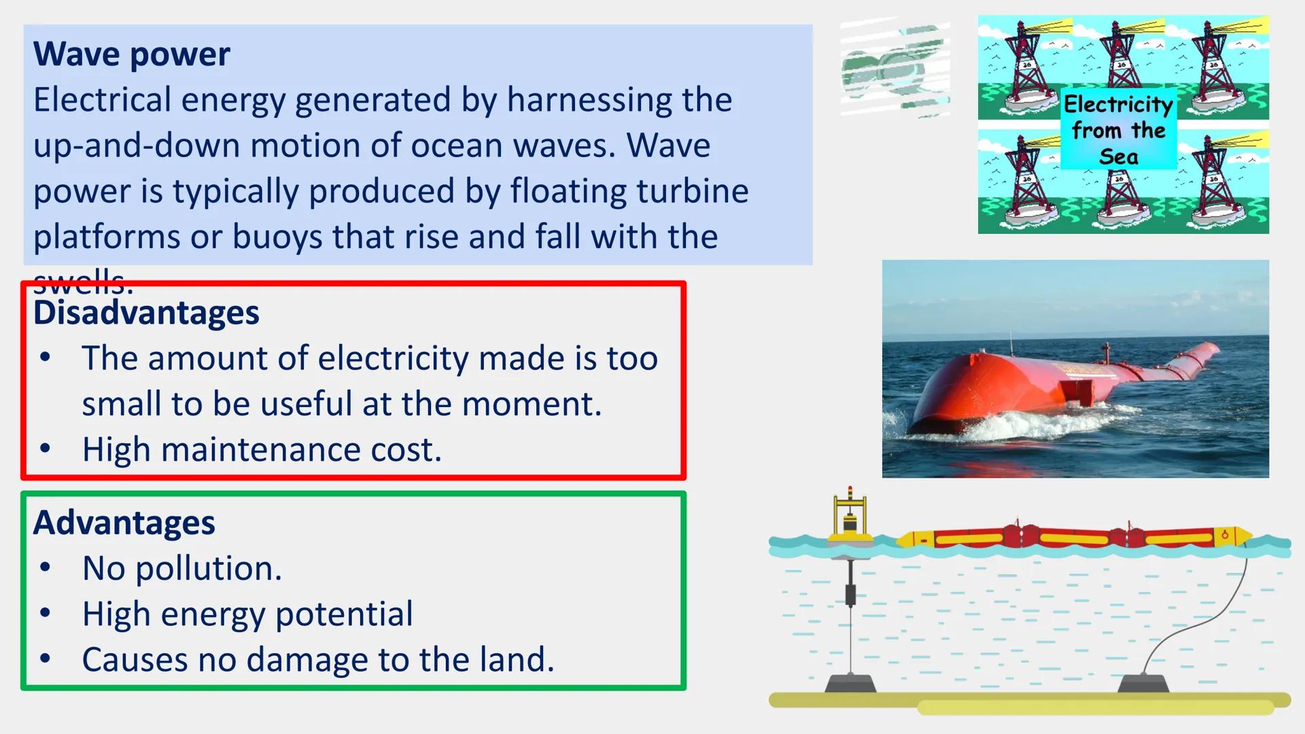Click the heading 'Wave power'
click(131, 54)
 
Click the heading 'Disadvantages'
click(146, 313)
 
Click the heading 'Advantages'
click(124, 523)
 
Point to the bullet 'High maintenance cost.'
click(262, 450)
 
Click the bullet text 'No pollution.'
click(181, 568)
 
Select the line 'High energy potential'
click(247, 614)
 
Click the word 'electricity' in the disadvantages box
click(393, 358)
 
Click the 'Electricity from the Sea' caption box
click(1118, 129)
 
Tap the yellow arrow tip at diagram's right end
click(1243, 536)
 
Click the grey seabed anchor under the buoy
click(850, 682)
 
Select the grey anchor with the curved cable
click(1143, 682)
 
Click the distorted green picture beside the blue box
click(894, 68)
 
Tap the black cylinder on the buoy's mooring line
click(850, 595)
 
